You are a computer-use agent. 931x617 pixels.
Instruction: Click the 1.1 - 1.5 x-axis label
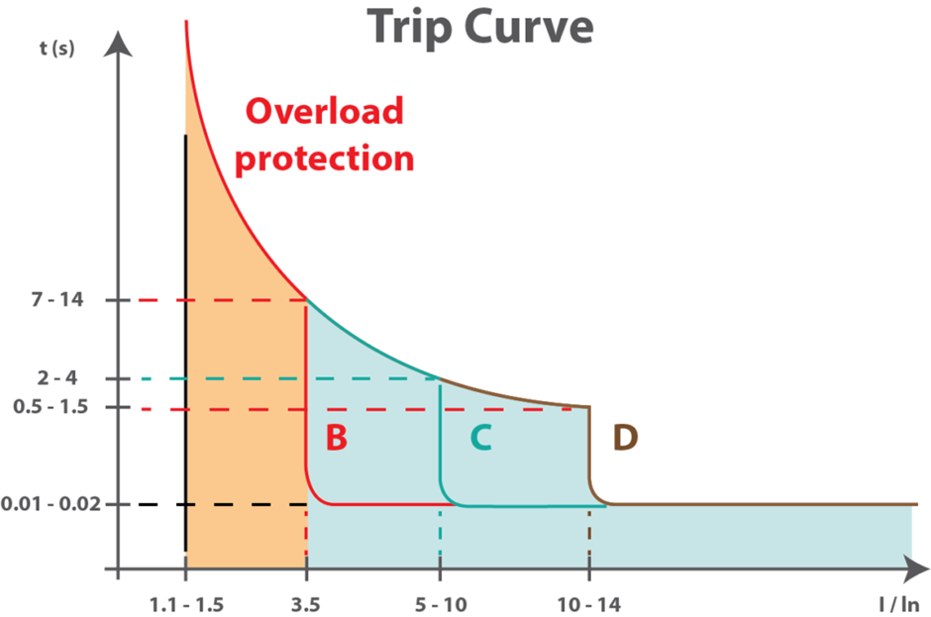185,604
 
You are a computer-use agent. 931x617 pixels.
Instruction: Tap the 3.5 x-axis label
306,604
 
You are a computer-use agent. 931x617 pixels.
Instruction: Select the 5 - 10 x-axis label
440,604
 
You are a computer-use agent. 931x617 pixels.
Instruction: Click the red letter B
337,438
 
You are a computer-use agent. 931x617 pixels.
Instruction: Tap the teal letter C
480,438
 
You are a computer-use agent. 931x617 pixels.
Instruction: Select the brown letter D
626,438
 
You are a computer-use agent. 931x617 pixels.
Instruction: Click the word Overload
325,112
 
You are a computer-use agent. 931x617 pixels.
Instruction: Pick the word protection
324,157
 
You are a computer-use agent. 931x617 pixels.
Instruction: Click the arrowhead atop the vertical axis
119,42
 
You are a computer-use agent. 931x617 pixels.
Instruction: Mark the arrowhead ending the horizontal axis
914,570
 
